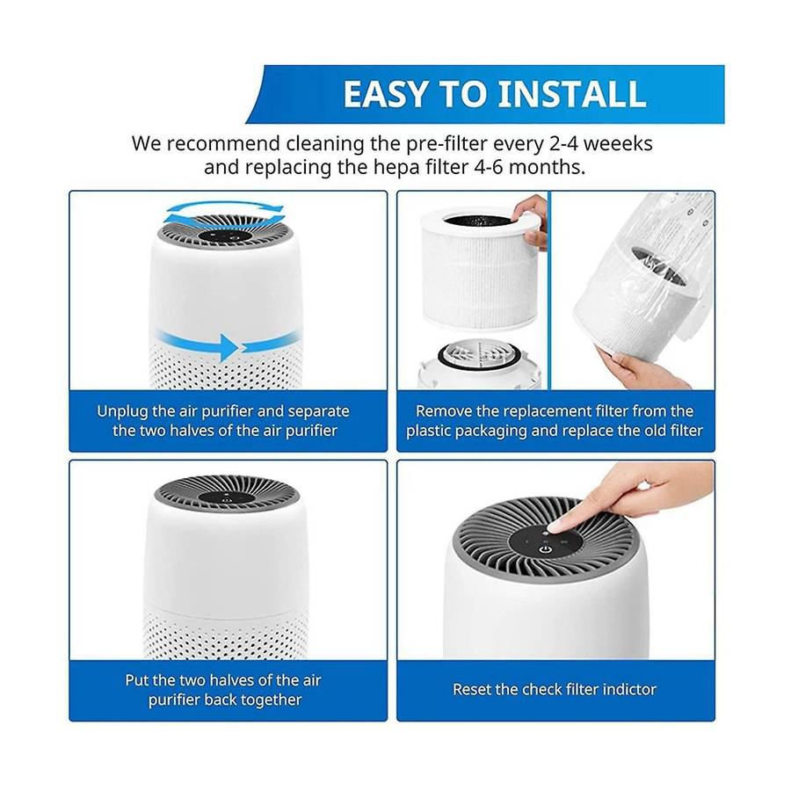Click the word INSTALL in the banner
571,94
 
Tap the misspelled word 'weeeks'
618,144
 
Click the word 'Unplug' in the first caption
122,412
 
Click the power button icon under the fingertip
544,548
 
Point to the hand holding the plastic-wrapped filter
638,370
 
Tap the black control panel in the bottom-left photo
226,497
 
